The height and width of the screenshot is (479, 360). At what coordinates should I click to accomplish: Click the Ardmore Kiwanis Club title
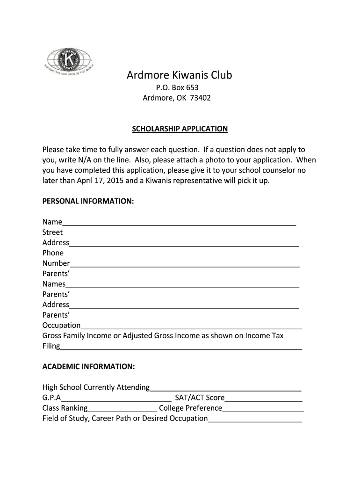pos(180,75)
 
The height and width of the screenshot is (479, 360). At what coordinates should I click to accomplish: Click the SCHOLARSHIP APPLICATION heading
pos(180,129)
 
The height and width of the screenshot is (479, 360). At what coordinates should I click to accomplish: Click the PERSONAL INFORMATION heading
pos(88,201)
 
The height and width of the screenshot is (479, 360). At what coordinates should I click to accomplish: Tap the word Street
pos(52,232)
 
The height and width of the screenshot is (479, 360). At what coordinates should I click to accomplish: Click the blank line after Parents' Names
pos(182,285)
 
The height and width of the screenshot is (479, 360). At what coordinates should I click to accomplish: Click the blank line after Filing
pos(181,347)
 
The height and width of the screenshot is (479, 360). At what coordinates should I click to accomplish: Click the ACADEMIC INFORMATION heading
pos(89,367)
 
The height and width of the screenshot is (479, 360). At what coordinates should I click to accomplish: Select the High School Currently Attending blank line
pos(225,388)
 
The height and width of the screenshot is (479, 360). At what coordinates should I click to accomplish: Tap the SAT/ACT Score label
pos(200,398)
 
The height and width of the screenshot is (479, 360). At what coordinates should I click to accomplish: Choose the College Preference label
pos(190,408)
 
